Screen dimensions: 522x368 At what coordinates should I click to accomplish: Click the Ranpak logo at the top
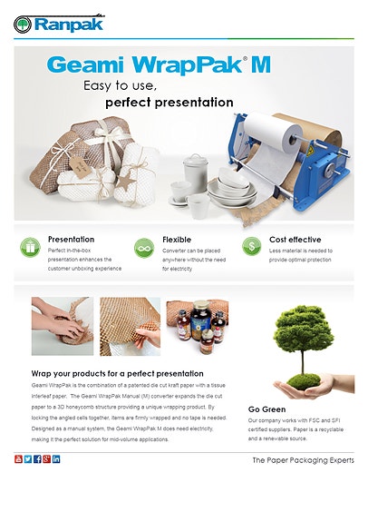click(61, 22)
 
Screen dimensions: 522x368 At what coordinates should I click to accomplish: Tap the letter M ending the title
click(259, 65)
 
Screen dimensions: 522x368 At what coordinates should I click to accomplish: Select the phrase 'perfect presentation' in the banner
click(169, 103)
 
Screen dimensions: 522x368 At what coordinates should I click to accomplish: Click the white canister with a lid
click(196, 169)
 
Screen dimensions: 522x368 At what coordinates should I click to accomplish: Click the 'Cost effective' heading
click(295, 239)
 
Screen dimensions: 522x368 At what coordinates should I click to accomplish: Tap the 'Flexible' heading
click(177, 239)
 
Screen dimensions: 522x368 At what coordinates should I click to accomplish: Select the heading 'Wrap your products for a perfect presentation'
click(117, 373)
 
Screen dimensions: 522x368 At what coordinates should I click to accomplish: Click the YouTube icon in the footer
click(19, 459)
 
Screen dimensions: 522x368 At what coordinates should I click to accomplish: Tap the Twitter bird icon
click(28, 459)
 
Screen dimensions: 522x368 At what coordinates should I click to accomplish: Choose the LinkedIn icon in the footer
click(56, 459)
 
